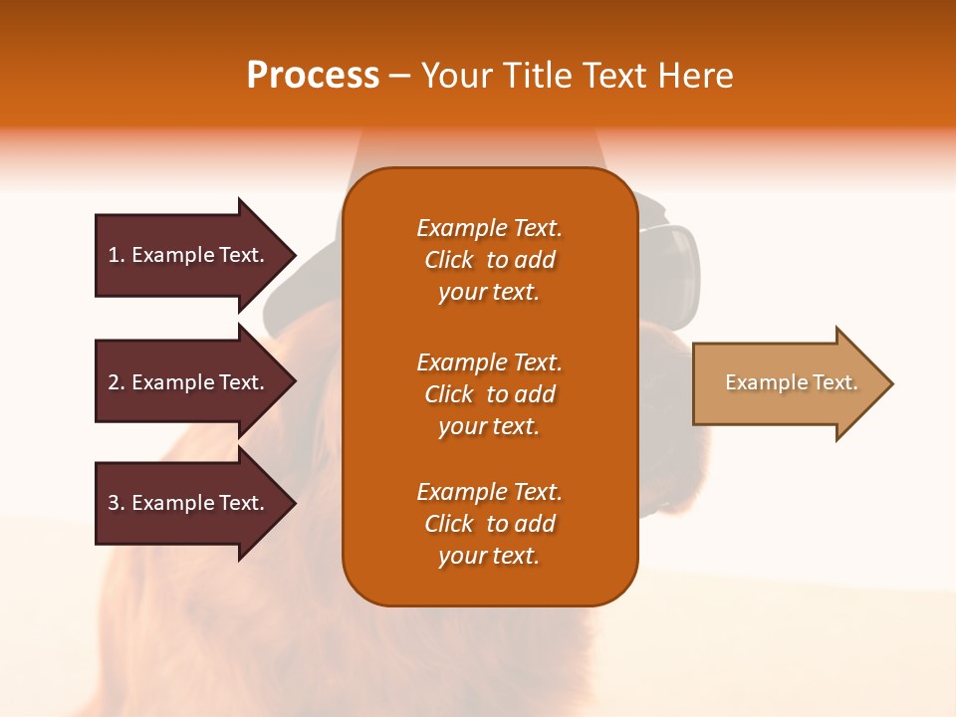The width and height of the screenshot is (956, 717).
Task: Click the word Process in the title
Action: click(313, 76)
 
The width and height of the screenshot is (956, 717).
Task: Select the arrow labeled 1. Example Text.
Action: click(189, 255)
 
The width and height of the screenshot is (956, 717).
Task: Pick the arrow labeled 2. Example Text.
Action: click(189, 382)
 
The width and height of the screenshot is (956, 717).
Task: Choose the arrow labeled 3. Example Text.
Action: click(189, 503)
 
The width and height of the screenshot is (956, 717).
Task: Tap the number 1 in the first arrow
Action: click(114, 255)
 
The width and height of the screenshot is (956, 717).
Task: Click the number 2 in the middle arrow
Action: click(115, 382)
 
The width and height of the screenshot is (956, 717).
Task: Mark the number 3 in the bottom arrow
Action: click(115, 503)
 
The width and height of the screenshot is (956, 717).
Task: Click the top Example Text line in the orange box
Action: click(489, 228)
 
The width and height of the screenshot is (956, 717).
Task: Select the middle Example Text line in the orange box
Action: click(489, 361)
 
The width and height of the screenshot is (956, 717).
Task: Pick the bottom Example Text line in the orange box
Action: click(489, 492)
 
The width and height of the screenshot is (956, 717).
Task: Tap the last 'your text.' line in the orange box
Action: click(489, 556)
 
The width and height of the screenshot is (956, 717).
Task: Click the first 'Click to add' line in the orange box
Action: click(489, 260)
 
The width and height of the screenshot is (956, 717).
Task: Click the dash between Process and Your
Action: click(400, 76)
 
